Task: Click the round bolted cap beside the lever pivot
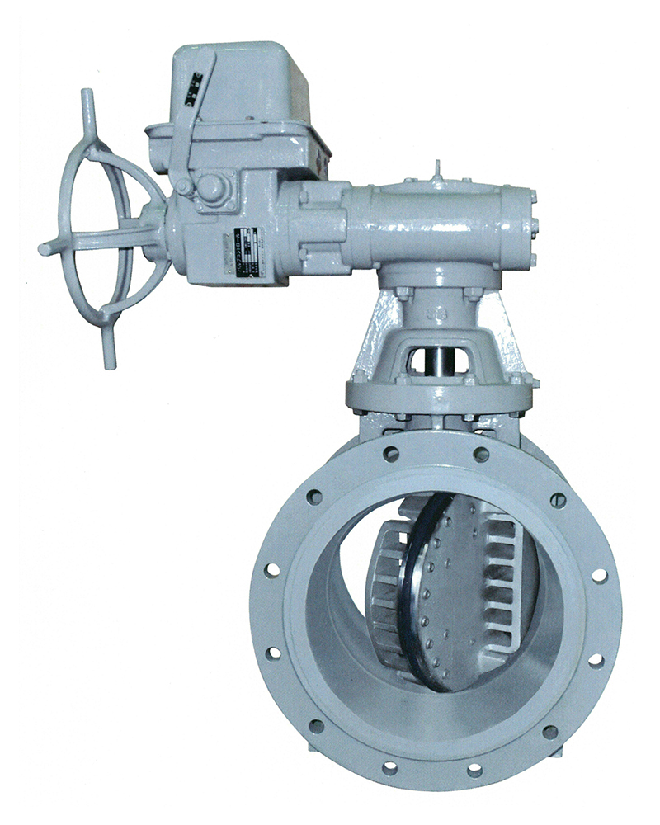pyautogui.click(x=210, y=188)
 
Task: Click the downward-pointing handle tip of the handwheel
pyautogui.click(x=110, y=356)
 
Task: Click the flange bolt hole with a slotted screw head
pyautogui.click(x=558, y=500)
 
